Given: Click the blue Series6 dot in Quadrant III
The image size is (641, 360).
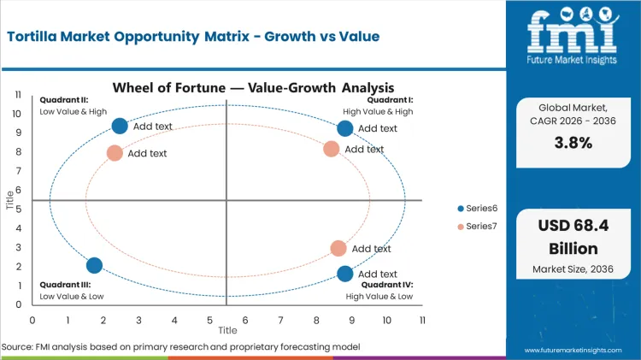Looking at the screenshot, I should click(95, 266).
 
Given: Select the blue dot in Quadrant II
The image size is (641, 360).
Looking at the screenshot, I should click(120, 126).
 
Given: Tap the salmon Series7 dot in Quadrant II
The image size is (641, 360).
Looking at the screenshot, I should click(115, 153).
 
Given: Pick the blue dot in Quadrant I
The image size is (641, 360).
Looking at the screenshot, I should click(345, 128).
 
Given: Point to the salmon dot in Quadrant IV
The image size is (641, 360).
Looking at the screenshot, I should click(338, 248).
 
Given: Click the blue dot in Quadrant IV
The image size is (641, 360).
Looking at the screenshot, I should click(345, 274).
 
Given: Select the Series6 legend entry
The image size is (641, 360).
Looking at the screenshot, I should click(480, 209).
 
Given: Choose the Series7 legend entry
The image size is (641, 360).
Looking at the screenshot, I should click(480, 226).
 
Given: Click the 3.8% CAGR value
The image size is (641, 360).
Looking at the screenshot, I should click(573, 143).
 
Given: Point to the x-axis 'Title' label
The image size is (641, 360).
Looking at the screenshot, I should click(227, 330).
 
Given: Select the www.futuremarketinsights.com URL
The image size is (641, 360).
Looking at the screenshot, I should click(577, 351).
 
